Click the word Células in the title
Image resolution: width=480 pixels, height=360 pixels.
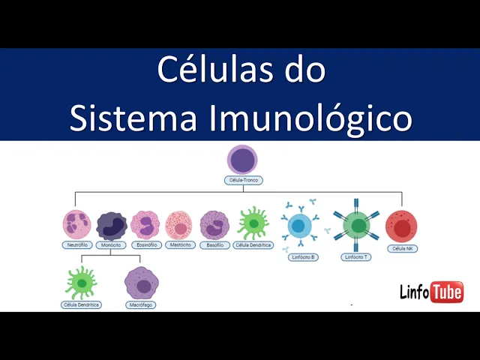pyautogui.click(x=202, y=70)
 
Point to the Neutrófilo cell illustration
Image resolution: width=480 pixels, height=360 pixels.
pyautogui.click(x=77, y=224)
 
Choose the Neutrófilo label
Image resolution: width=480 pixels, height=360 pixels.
pyautogui.click(x=77, y=245)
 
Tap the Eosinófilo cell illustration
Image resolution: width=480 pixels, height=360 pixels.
pyautogui.click(x=145, y=224)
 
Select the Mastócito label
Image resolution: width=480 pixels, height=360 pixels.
pyautogui.click(x=180, y=245)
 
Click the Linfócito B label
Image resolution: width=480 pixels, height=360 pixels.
pyautogui.click(x=303, y=257)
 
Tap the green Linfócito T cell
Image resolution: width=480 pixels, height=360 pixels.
pyautogui.click(x=356, y=226)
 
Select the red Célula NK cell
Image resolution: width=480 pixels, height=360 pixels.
pyautogui.click(x=401, y=226)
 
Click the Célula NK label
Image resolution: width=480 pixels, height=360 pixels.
pyautogui.click(x=401, y=248)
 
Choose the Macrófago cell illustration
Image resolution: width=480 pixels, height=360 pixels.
pyautogui.click(x=141, y=282)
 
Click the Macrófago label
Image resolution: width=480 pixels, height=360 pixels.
pyautogui.click(x=141, y=305)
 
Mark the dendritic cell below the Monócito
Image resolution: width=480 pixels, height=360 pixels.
pyautogui.click(x=81, y=282)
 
